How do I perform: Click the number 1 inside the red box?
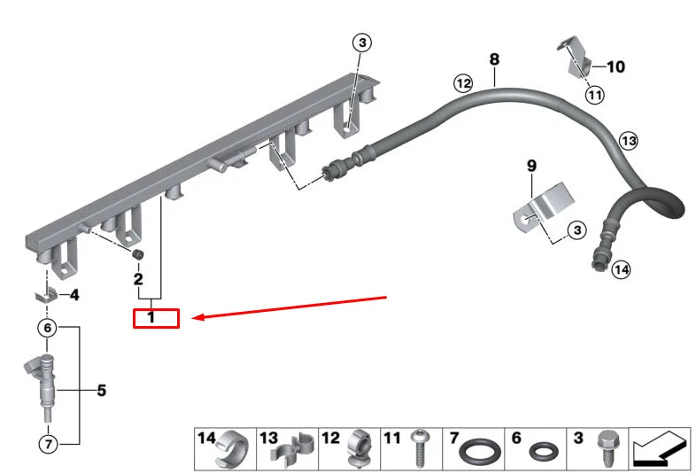[x=151, y=317]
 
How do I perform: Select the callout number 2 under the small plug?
[x=138, y=279]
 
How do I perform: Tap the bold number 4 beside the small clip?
[x=74, y=295]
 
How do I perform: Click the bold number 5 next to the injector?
[x=101, y=390]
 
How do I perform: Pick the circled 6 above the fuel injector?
[x=49, y=328]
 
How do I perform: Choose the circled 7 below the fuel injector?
[x=49, y=442]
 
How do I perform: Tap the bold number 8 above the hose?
[x=494, y=60]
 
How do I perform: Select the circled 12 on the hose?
[x=463, y=83]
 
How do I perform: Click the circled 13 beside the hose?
[x=628, y=140]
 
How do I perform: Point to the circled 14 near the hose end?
[x=621, y=269]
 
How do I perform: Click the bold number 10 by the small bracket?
[x=616, y=66]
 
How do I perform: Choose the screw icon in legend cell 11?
[x=421, y=452]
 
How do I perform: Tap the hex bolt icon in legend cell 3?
[x=607, y=449]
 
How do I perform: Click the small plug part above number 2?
[x=138, y=256]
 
